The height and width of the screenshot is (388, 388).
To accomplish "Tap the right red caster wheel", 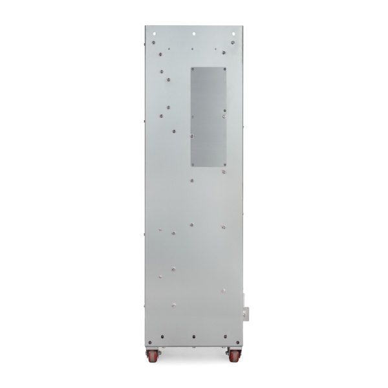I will point(232,354).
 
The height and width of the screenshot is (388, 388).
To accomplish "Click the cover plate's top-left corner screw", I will point(192,68).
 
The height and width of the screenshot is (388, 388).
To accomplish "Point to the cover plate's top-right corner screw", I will point(224,68).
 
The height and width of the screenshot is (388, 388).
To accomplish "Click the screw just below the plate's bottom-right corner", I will point(224,172).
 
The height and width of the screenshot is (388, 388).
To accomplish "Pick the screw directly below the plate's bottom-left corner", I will point(192,180).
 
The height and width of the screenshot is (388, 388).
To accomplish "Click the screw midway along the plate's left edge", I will point(192,136).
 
